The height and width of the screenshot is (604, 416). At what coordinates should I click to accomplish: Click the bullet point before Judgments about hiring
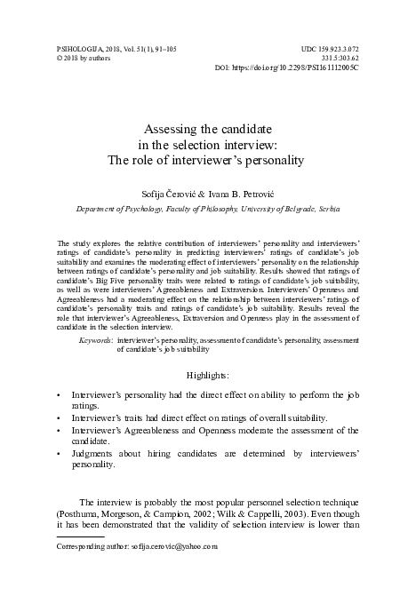click(59, 453)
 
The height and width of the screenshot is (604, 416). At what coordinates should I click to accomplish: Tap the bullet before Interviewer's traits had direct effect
click(59, 417)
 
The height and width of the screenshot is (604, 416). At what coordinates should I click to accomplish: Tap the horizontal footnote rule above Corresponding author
click(80, 536)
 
